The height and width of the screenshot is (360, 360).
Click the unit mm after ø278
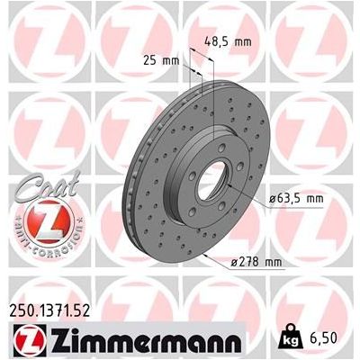point(273,263)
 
